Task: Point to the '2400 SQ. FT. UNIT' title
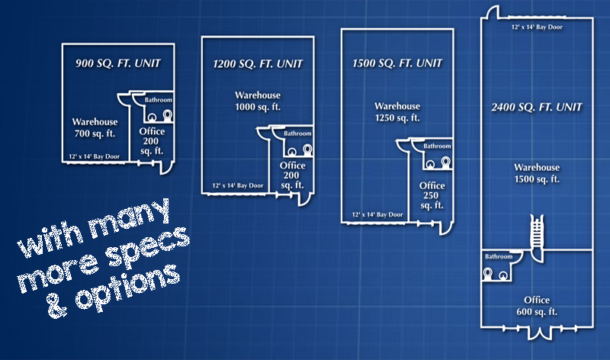[x=537, y=107]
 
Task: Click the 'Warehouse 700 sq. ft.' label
[x=95, y=129]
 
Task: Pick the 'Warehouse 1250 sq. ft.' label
[x=397, y=111]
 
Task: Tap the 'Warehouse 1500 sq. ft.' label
[x=537, y=173]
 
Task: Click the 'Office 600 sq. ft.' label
[x=537, y=306]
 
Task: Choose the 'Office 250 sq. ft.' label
[x=432, y=195]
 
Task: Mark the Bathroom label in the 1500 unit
[x=437, y=146]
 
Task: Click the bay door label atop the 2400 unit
[x=537, y=27]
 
